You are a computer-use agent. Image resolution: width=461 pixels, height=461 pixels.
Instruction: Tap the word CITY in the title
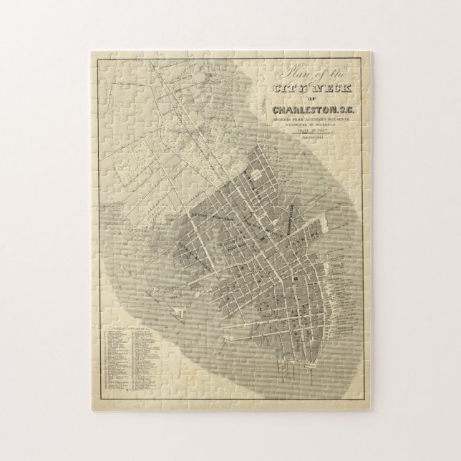(x=290, y=87)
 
